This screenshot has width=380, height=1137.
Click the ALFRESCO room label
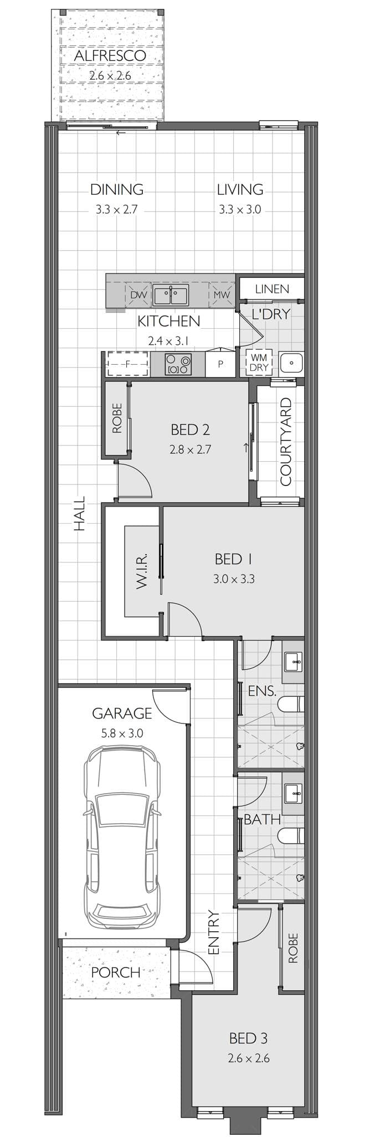coord(110,56)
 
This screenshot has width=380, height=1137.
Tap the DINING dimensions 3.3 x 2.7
coord(116,210)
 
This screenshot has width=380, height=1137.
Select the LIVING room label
coord(240,190)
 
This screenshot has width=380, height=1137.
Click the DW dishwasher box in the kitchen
coord(138,295)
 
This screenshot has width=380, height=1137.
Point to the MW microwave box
coord(221,295)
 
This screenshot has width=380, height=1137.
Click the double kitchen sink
coord(171,296)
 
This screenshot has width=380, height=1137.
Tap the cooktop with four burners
coord(178,364)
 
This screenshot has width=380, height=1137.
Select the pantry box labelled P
coord(220,364)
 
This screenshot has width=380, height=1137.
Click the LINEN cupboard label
coord(272,289)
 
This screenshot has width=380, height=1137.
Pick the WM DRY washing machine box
coord(259,363)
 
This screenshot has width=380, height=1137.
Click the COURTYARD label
coord(286,441)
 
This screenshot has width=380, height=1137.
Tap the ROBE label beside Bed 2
coord(117,418)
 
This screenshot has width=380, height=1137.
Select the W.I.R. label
coord(141,570)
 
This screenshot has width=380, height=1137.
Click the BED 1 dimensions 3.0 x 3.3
coord(234,580)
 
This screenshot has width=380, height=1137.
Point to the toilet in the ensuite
coord(291,704)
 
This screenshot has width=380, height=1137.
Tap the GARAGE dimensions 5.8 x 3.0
coord(122,733)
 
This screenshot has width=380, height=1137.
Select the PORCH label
coord(115,972)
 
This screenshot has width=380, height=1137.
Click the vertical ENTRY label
coord(214,933)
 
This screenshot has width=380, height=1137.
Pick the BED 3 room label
coord(248,1038)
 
